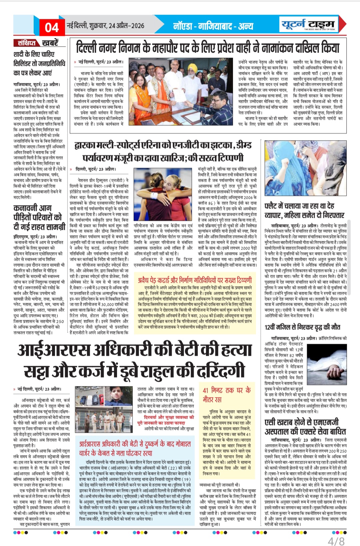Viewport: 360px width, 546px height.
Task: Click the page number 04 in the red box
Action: (x=52, y=27)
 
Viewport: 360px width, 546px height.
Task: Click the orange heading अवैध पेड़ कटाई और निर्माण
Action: (x=195, y=280)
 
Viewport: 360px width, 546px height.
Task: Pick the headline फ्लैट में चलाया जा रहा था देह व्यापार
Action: (x=304, y=211)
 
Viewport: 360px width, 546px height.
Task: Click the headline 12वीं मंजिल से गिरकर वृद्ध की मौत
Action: (x=302, y=327)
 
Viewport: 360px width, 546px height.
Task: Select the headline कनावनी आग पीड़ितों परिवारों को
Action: (x=37, y=218)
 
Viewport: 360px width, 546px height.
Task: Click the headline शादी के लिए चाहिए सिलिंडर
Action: (x=39, y=63)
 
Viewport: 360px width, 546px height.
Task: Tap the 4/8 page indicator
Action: (x=336, y=540)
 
